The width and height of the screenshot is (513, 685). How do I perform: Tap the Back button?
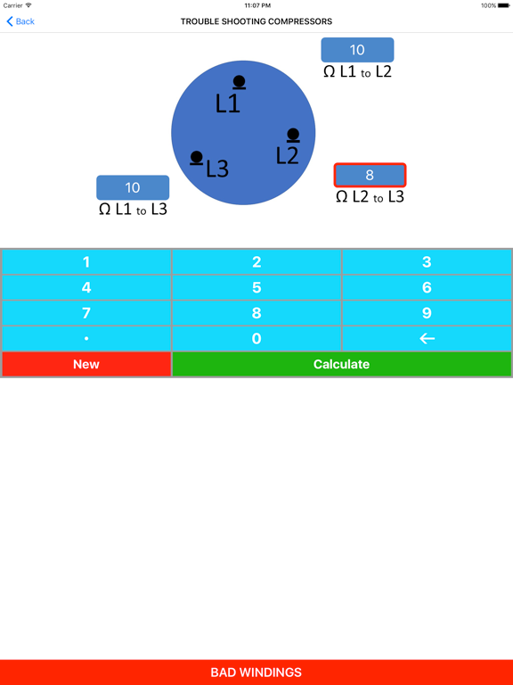[x=20, y=21]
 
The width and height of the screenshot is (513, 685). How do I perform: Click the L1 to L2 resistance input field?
[x=357, y=50]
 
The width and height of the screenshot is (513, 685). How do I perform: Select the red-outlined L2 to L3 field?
[x=370, y=176]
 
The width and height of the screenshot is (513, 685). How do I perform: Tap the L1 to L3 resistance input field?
[x=133, y=187]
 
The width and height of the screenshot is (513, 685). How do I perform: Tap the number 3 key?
[x=427, y=262]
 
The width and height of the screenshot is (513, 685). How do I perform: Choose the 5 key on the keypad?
[x=256, y=288]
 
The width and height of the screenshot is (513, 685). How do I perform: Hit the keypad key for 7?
[x=86, y=314]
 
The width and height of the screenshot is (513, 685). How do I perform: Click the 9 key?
[x=427, y=314]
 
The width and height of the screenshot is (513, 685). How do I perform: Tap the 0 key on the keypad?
[x=256, y=339]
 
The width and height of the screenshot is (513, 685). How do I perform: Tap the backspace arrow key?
[x=427, y=339]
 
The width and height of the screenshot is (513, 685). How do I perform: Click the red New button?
[x=86, y=364]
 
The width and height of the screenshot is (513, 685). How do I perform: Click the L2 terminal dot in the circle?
[x=293, y=136]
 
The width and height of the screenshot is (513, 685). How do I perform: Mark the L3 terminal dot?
[x=197, y=158]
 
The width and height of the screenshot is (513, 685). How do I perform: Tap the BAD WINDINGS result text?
[x=256, y=673]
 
